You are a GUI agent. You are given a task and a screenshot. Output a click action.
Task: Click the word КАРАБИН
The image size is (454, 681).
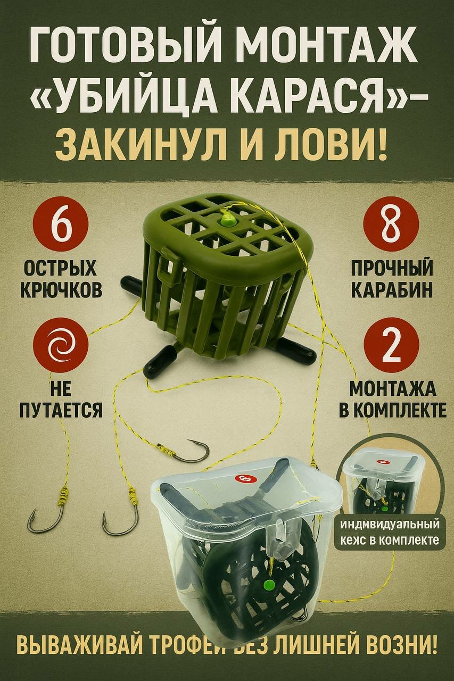click(x=392, y=289)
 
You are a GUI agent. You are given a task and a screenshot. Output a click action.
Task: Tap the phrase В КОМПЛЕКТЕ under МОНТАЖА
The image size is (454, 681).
click(x=392, y=410)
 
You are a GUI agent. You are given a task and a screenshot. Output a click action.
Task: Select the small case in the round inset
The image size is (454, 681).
click(x=382, y=479)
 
